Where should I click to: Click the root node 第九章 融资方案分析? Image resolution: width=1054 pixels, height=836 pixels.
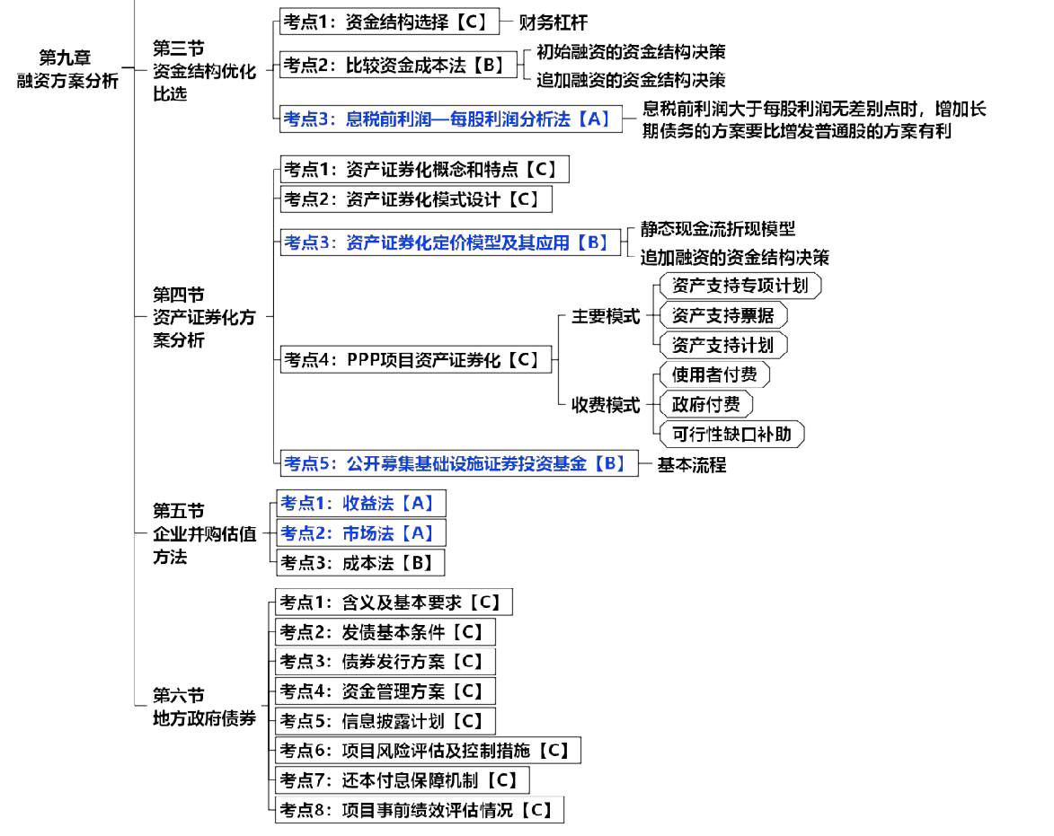click(x=67, y=69)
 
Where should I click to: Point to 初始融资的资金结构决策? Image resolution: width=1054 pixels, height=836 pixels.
click(x=631, y=51)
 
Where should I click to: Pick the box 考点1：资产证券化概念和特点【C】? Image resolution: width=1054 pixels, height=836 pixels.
click(x=424, y=169)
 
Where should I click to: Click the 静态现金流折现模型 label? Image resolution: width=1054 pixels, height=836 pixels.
click(x=717, y=230)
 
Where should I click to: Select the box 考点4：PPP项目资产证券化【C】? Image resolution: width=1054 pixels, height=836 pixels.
click(x=417, y=360)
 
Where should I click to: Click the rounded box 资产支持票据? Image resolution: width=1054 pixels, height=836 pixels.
click(x=722, y=315)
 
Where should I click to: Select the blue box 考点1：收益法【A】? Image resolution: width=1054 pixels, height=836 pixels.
click(x=359, y=503)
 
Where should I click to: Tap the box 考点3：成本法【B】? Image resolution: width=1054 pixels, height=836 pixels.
click(x=359, y=563)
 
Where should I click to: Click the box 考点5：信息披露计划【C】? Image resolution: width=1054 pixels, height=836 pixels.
click(x=385, y=720)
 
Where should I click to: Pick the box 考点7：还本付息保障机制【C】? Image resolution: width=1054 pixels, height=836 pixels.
click(x=402, y=779)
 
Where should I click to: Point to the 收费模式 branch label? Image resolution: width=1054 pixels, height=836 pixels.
click(x=607, y=405)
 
